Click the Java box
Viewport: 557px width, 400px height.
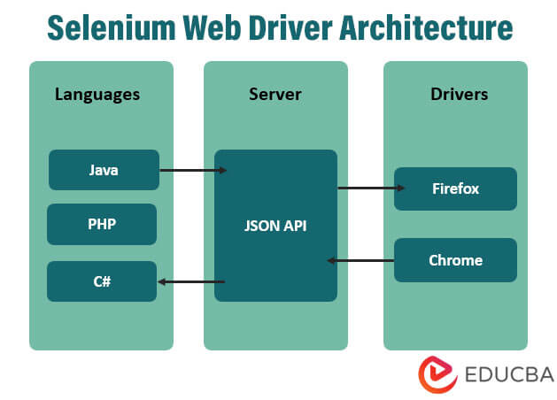tap(104, 169)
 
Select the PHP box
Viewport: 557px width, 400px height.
tap(102, 224)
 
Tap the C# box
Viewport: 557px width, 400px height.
tap(102, 281)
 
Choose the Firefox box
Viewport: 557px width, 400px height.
tap(455, 188)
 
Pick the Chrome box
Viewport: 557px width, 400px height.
tap(455, 260)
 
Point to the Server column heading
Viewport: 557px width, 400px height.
tap(275, 94)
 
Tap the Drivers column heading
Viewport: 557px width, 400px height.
tap(455, 94)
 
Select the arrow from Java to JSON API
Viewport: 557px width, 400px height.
tap(192, 169)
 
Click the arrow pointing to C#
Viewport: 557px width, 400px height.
tap(190, 282)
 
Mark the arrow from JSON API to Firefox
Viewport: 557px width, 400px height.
tap(370, 188)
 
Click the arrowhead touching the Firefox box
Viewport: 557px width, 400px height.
tap(401, 188)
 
